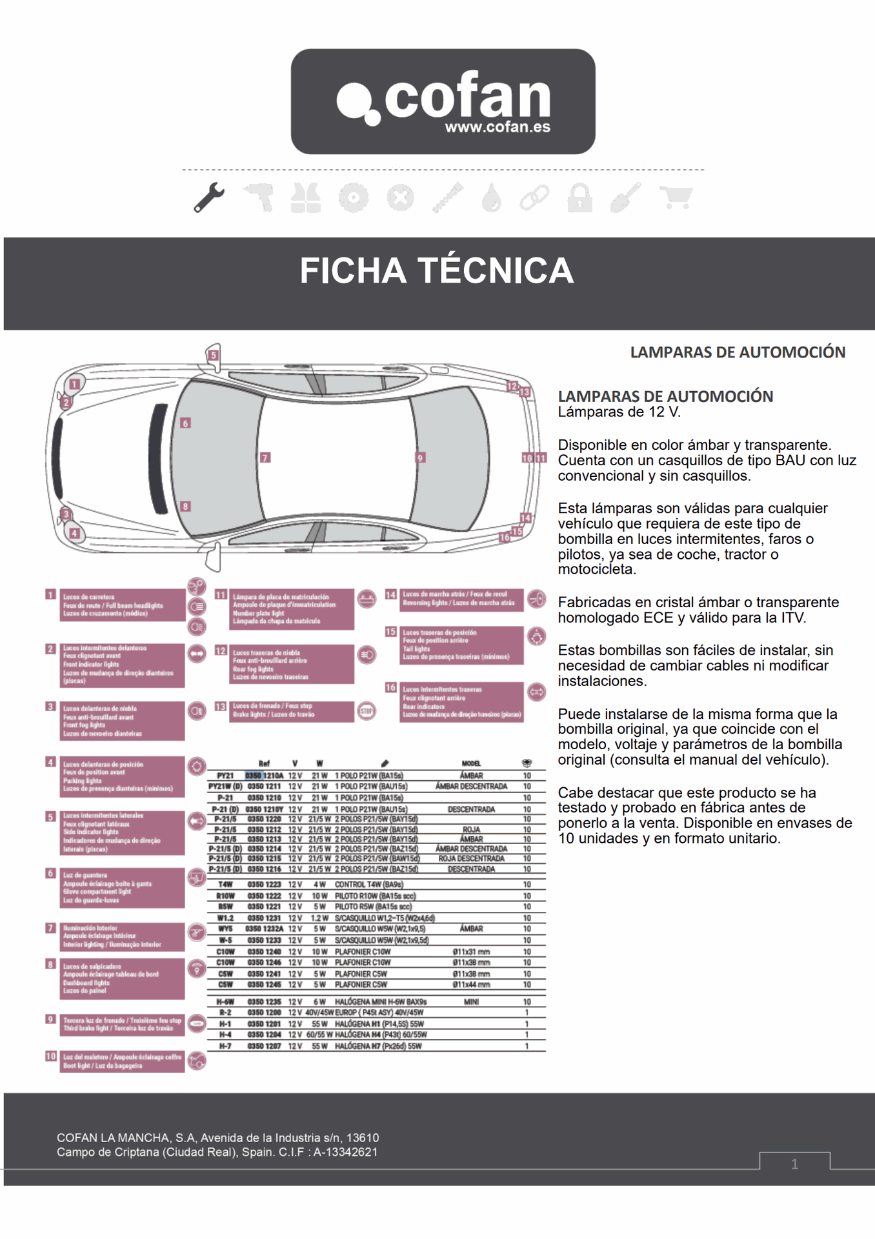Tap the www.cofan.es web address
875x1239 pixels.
point(498,127)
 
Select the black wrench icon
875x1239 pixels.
point(209,197)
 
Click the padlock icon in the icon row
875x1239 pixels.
point(579,197)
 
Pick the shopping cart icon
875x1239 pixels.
point(676,197)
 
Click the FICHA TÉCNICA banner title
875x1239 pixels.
point(437,270)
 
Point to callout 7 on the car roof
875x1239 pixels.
point(265,458)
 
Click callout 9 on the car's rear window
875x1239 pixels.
point(420,458)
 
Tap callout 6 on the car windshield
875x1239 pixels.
point(186,423)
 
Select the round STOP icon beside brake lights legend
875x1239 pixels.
point(367,711)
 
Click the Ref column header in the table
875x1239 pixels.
point(264,763)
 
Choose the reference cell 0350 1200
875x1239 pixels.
point(264,1013)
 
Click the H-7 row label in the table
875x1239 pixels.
point(225,1046)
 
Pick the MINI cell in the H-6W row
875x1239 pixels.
point(471,1002)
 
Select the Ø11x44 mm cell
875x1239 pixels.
point(471,985)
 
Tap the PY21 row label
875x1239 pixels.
point(225,776)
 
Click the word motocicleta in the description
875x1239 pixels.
point(596,570)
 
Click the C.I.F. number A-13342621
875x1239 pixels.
point(346,1153)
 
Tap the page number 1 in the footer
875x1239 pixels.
point(794,1164)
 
